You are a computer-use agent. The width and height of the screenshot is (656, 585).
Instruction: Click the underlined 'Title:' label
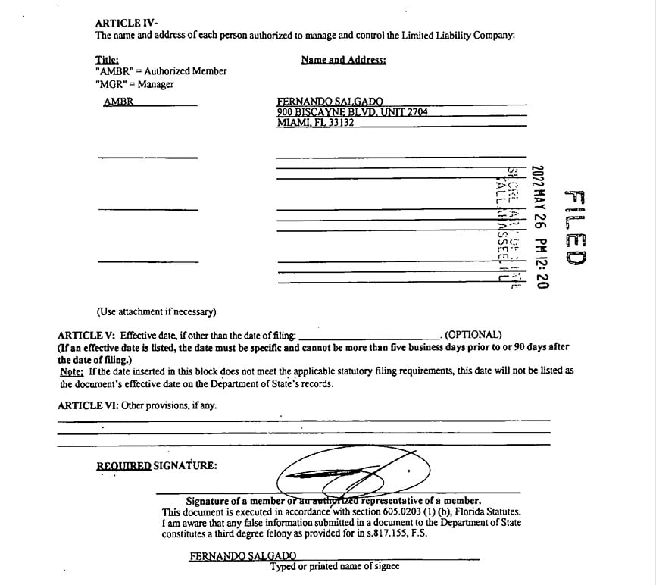(x=107, y=60)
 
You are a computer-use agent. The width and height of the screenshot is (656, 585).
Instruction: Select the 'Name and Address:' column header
(x=343, y=60)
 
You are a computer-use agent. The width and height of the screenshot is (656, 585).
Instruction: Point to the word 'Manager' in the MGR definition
(x=155, y=84)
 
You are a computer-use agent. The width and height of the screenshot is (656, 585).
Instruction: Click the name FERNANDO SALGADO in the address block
(x=330, y=102)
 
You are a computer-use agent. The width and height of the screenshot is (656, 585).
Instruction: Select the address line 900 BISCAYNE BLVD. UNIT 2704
(x=352, y=112)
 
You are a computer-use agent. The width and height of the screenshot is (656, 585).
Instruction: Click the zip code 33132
(x=341, y=123)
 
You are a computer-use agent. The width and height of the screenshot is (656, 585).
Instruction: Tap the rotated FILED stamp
(x=575, y=227)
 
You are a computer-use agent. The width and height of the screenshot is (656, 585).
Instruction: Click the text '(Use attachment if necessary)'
(x=156, y=311)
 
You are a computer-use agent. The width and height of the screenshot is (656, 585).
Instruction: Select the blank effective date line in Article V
(x=369, y=336)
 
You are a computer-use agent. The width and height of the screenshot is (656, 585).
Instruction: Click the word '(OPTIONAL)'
(x=473, y=335)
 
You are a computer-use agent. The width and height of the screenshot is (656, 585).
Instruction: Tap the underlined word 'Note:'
(x=72, y=371)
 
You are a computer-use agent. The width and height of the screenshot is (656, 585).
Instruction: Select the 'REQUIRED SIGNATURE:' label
(x=156, y=465)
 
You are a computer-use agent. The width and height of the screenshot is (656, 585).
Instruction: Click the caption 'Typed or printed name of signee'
(x=335, y=566)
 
